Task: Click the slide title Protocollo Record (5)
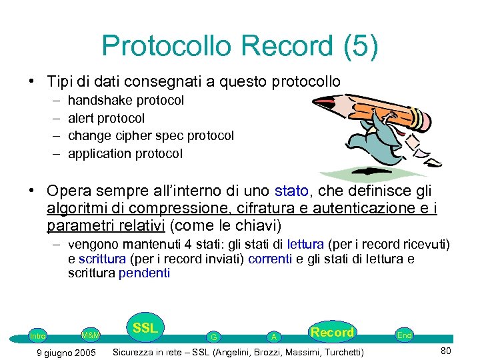[x=240, y=46]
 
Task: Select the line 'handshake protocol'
[x=126, y=101]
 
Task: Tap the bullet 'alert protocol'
[x=106, y=119]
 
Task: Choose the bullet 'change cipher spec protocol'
[x=151, y=136]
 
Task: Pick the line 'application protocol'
[x=125, y=154]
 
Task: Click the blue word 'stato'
[x=292, y=191]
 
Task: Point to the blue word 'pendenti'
[x=144, y=273]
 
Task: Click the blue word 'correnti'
[x=269, y=259]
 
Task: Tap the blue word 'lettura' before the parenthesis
[x=307, y=245]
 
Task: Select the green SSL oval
[x=145, y=328]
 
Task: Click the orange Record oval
[x=331, y=332]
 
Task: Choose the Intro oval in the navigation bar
[x=37, y=336]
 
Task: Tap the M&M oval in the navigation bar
[x=91, y=335]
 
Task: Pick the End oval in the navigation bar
[x=404, y=335]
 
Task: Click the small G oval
[x=213, y=337]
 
